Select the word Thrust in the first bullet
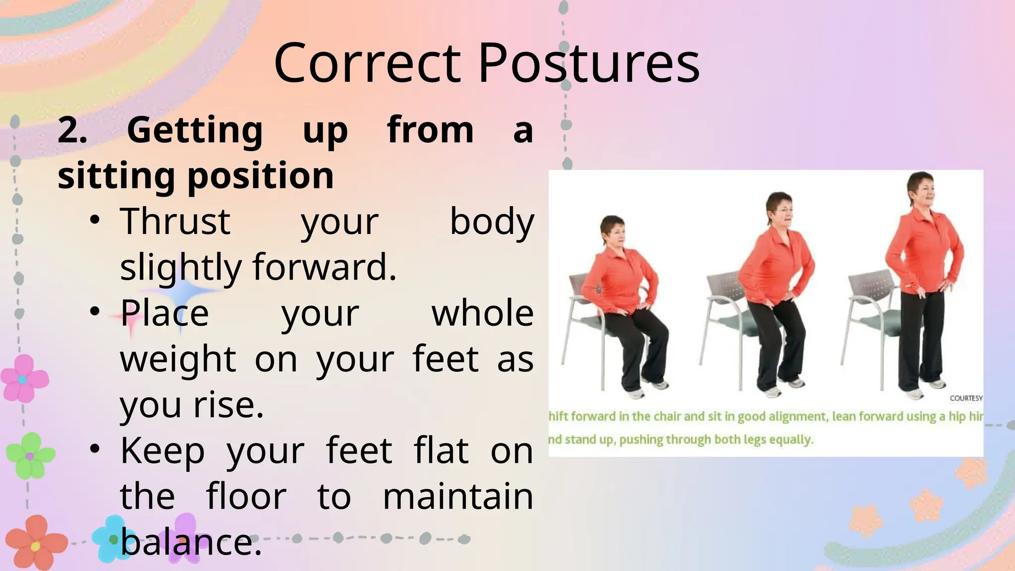click(x=175, y=222)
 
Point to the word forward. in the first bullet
click(x=325, y=267)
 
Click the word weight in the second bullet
click(x=178, y=359)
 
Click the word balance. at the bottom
click(x=191, y=542)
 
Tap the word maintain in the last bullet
click(x=458, y=497)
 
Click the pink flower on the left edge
click(x=23, y=378)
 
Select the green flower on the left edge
click(x=30, y=455)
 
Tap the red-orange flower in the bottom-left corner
click(x=35, y=544)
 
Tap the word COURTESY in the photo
click(x=966, y=398)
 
